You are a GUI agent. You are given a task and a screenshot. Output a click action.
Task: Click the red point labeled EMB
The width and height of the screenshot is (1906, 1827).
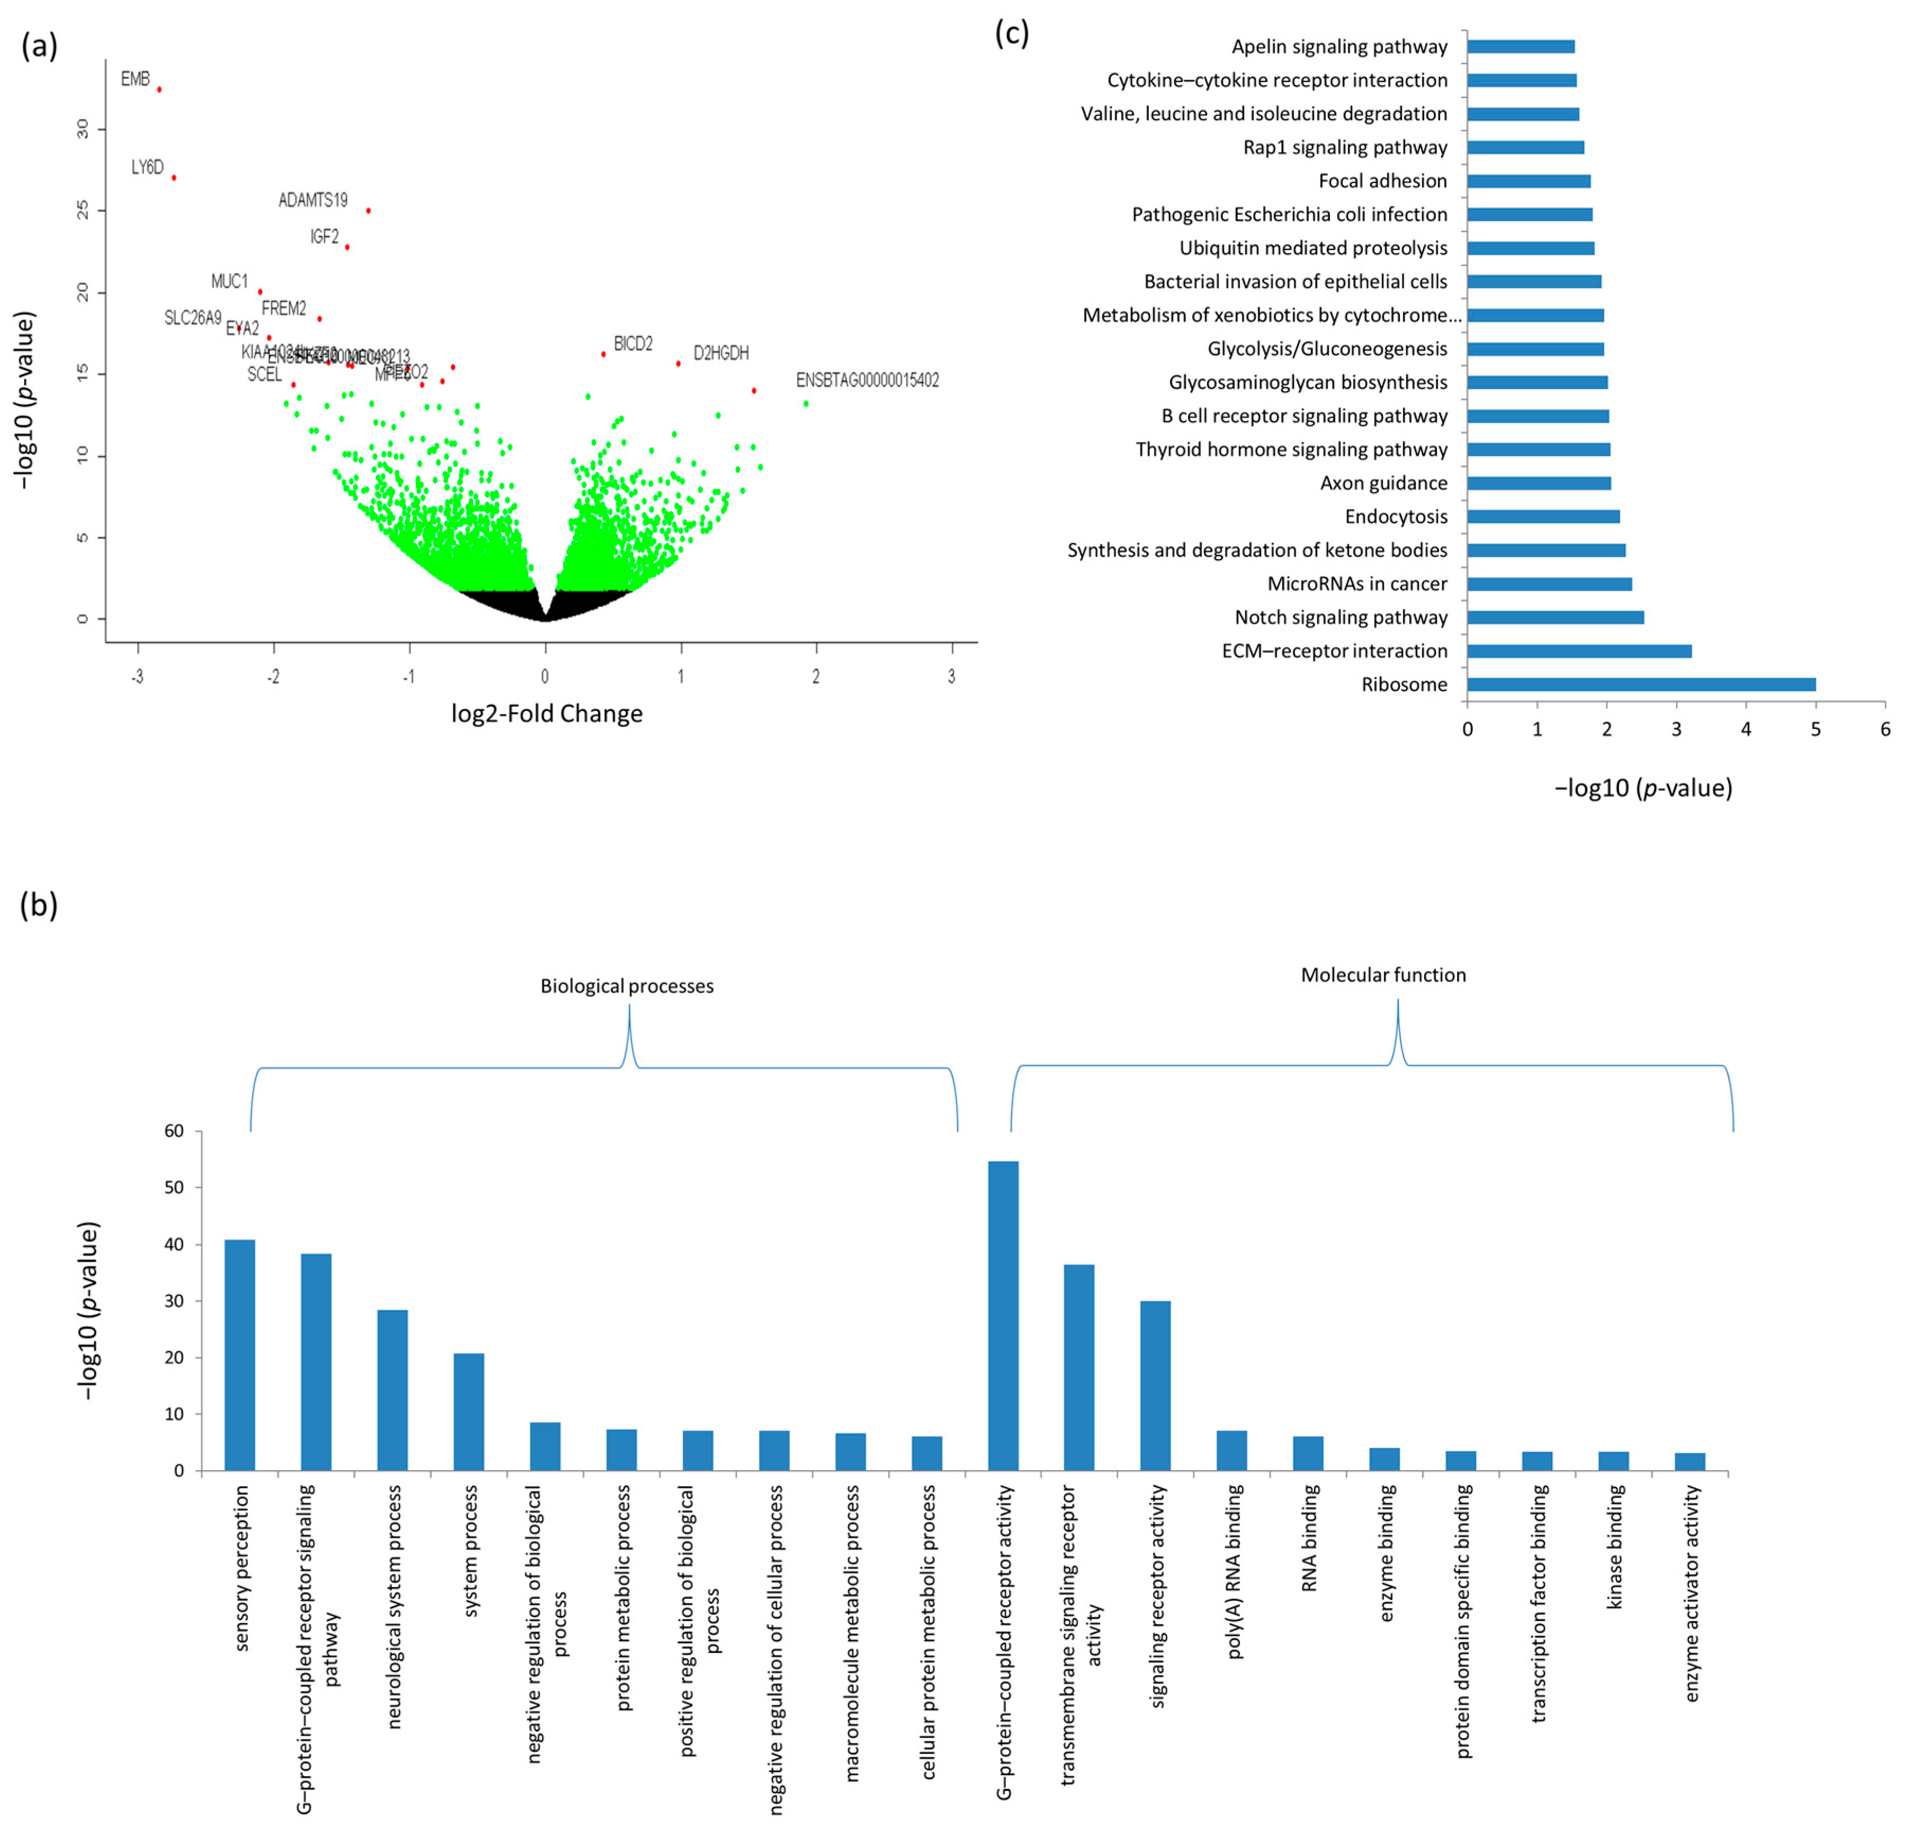click(x=159, y=89)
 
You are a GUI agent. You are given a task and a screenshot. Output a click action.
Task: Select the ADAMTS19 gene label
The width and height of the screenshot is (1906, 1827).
click(x=312, y=200)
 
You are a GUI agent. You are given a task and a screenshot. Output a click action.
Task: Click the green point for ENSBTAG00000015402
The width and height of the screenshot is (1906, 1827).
click(x=806, y=403)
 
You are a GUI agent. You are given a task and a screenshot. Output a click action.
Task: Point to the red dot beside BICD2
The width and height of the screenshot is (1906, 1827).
click(x=604, y=354)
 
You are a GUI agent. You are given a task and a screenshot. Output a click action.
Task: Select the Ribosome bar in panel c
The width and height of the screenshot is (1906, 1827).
click(x=1641, y=685)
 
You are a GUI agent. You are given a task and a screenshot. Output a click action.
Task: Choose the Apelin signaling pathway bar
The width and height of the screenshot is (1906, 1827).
click(x=1520, y=47)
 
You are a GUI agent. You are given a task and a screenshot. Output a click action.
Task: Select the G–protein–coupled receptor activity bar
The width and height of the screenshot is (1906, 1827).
click(x=1003, y=1316)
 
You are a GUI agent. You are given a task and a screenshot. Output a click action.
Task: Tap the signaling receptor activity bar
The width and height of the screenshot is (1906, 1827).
click(x=1155, y=1385)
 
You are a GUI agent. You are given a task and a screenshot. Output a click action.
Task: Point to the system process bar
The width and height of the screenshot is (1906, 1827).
click(x=469, y=1412)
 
